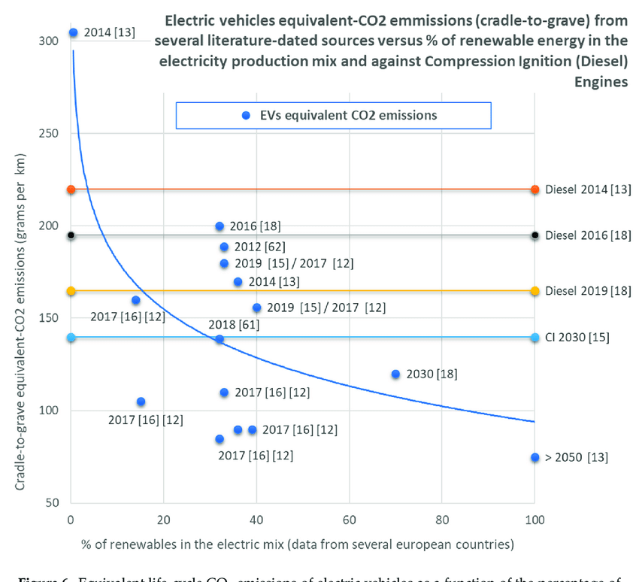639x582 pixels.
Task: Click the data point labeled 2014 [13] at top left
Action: pyautogui.click(x=73, y=32)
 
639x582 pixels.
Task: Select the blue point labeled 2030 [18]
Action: pyautogui.click(x=395, y=374)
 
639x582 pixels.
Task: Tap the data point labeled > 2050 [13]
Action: pyautogui.click(x=535, y=457)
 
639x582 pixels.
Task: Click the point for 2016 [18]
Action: pyautogui.click(x=220, y=226)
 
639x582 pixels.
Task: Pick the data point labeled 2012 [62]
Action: pyautogui.click(x=224, y=247)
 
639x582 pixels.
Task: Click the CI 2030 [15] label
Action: pyautogui.click(x=577, y=338)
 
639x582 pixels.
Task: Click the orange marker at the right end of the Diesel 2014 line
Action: pyautogui.click(x=535, y=189)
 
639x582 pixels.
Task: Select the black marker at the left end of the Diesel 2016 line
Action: pyautogui.click(x=71, y=235)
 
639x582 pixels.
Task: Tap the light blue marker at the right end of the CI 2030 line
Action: pyautogui.click(x=535, y=338)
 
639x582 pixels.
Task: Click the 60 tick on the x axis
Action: pyautogui.click(x=349, y=520)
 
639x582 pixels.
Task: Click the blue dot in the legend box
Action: pyautogui.click(x=245, y=116)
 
